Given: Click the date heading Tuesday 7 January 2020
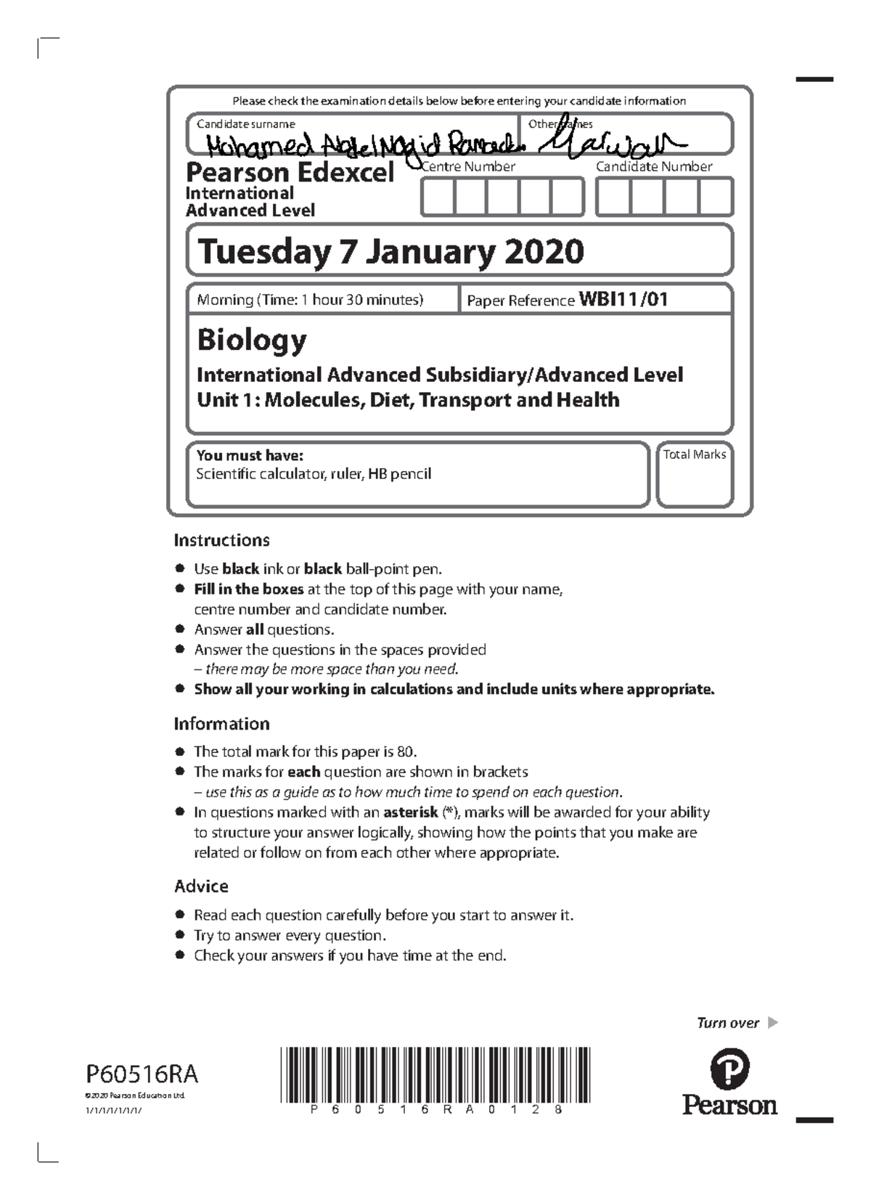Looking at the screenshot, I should [390, 252].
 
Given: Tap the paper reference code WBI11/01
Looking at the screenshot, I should [623, 299].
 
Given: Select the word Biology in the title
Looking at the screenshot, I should [252, 340].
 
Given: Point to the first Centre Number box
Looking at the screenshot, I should [438, 197].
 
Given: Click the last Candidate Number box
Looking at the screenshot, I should [716, 197].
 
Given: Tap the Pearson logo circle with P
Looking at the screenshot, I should [729, 1069].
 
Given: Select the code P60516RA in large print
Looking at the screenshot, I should [142, 1074].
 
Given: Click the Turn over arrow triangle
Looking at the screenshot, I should [772, 1023].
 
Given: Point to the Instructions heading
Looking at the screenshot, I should [221, 540].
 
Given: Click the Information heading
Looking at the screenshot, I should [221, 724].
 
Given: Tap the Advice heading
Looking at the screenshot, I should [201, 886].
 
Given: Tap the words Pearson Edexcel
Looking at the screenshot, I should [290, 173].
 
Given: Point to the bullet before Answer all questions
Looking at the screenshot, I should [179, 629].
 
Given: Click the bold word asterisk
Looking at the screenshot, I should [410, 812].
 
